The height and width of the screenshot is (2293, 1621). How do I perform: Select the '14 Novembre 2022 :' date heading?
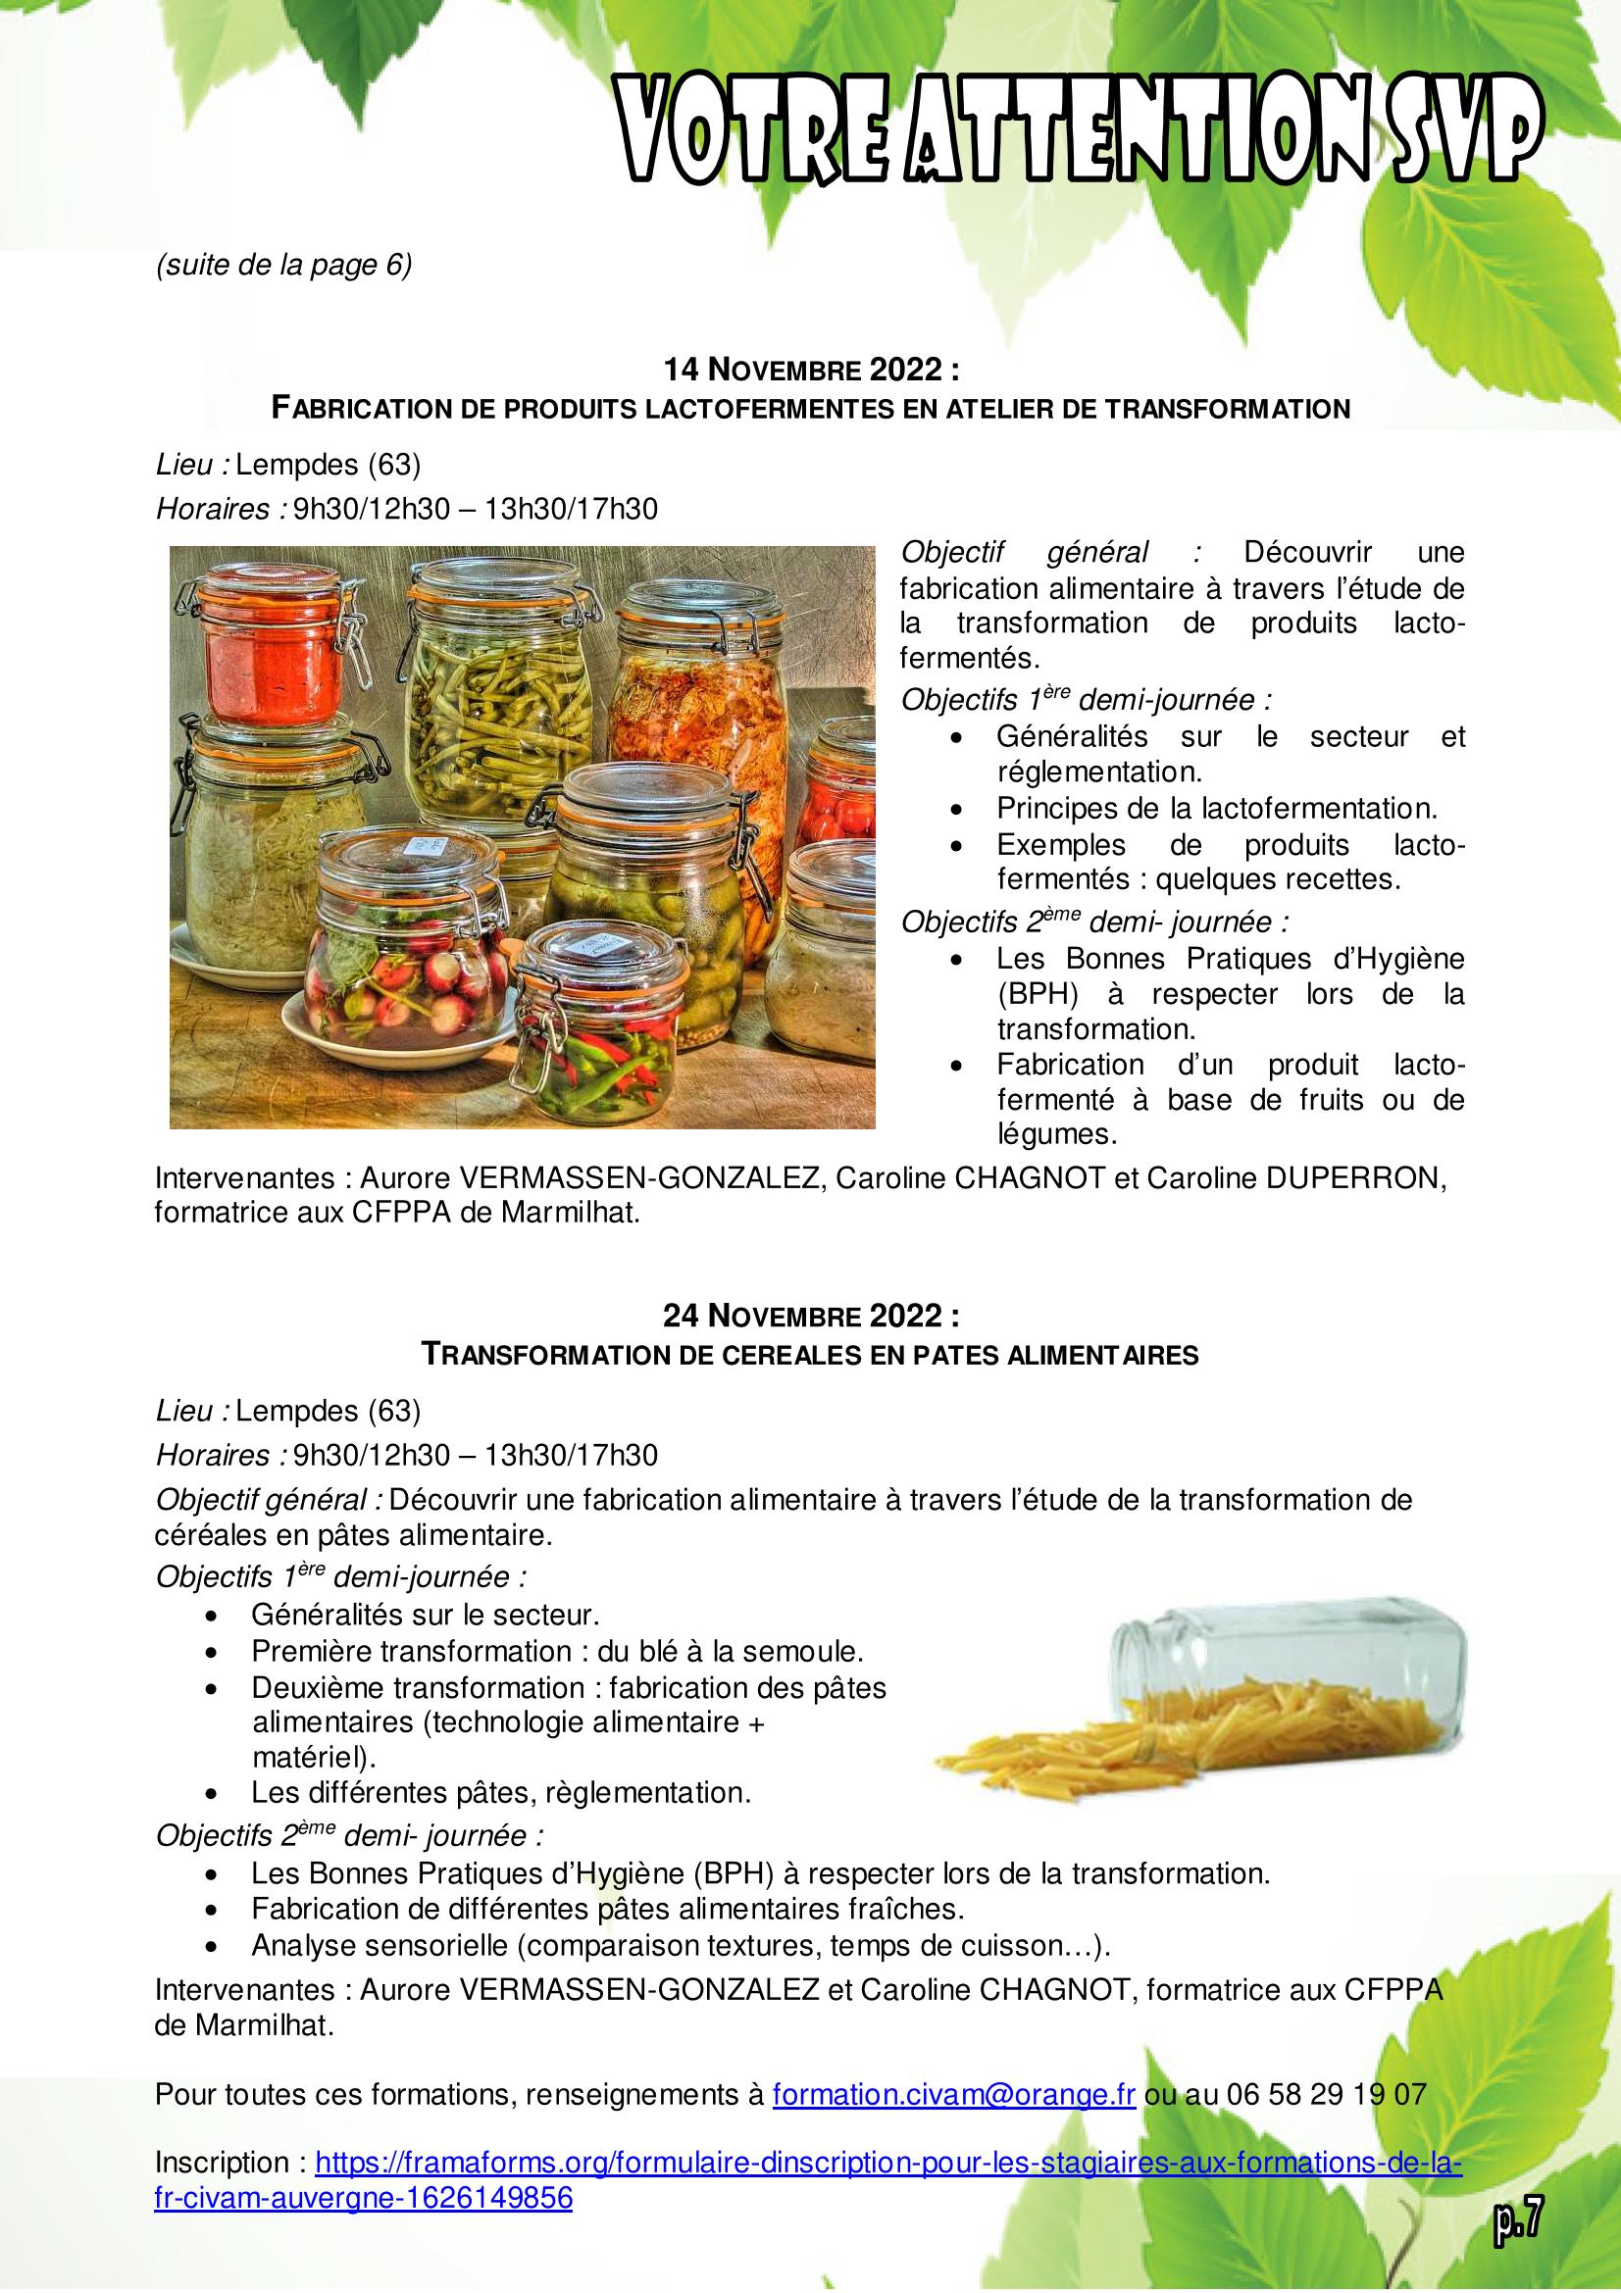point(811,371)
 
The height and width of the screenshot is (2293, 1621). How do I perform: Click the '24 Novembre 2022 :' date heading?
point(811,1317)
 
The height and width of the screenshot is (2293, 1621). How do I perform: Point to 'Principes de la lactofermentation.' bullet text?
point(1217,807)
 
